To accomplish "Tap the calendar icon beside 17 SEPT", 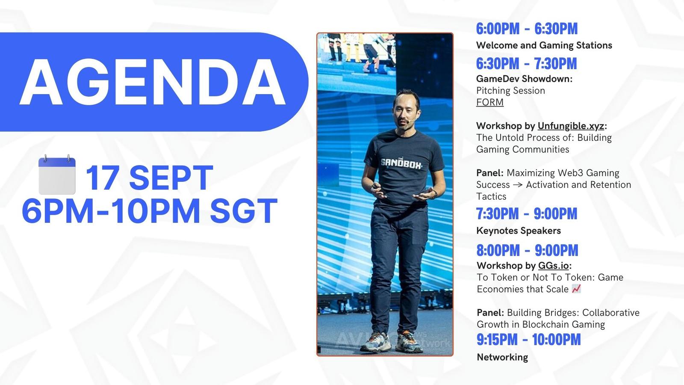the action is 57,175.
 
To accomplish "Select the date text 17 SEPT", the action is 150,178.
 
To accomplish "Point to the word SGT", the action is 244,211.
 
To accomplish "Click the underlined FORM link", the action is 490,102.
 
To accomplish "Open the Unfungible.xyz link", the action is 571,126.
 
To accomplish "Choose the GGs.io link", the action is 553,266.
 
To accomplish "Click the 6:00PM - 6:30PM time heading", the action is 527,29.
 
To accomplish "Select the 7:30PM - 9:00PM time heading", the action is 527,213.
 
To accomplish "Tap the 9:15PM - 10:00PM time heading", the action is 528,340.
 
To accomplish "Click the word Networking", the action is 502,357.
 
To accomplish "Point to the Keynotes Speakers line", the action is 519,231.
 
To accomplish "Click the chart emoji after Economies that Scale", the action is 576,289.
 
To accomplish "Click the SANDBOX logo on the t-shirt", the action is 401,164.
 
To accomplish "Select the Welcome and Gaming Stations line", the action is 544,45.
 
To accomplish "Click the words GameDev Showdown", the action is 524,79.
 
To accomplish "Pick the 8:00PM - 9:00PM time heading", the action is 528,251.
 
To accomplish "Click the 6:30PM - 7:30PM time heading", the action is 526,64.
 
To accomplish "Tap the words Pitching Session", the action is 510,91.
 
